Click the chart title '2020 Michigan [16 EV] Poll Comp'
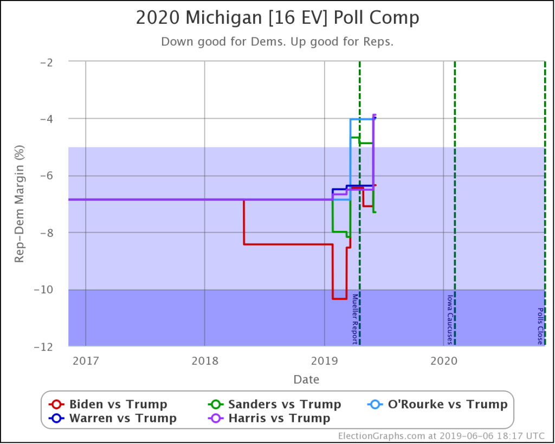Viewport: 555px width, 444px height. pyautogui.click(x=277, y=18)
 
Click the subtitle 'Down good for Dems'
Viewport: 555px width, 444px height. pyautogui.click(x=277, y=42)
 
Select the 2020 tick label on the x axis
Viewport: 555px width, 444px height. pyautogui.click(x=443, y=361)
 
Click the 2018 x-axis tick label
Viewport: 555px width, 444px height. pyautogui.click(x=204, y=361)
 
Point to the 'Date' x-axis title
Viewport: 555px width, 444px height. pyautogui.click(x=306, y=379)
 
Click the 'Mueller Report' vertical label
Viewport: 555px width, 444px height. pyautogui.click(x=355, y=319)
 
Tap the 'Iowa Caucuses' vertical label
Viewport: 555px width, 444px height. pyautogui.click(x=449, y=319)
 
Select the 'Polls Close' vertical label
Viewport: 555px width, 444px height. pyautogui.click(x=540, y=326)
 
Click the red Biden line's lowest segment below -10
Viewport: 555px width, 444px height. pyautogui.click(x=339, y=298)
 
